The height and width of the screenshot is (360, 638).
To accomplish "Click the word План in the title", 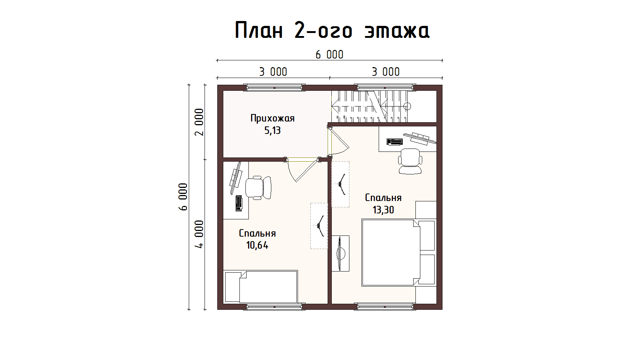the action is pos(259,30).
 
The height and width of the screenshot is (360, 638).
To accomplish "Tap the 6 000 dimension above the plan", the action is pos(329,55).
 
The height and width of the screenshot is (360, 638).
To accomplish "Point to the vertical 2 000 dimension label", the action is pos(199,122).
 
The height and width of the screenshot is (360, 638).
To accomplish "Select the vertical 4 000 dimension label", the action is pos(199,234).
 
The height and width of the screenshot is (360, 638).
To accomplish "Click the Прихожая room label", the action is pos(272,118).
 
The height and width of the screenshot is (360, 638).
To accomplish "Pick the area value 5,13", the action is pos(272,130).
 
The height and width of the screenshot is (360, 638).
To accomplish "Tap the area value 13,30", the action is pos(384,210).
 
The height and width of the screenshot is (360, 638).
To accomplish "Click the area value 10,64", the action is pos(257,245).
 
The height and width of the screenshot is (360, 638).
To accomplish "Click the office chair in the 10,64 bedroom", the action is pos(258,188).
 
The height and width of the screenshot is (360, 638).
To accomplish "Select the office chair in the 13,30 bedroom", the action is pos(410,161).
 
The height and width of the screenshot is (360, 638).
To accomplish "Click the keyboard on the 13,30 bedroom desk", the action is pos(394,142).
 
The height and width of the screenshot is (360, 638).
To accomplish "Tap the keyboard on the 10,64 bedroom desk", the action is pos(239,204).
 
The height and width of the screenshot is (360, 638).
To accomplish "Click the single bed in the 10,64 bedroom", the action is pos(260,286).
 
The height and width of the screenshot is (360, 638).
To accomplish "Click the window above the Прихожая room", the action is pos(274,87).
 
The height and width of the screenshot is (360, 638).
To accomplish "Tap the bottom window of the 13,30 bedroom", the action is pos(385,306).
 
